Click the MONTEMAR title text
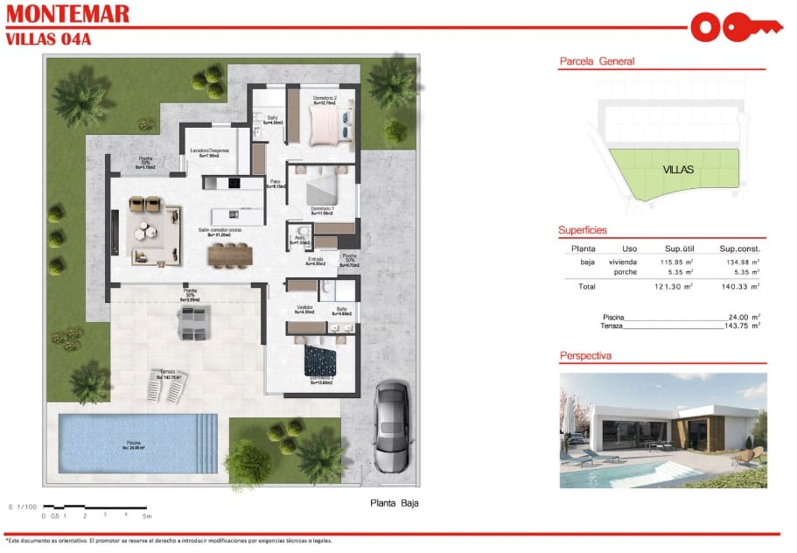click(67, 14)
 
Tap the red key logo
click(735, 26)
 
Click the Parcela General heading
click(597, 61)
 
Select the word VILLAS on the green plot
click(678, 170)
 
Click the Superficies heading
click(583, 230)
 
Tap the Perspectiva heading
click(585, 356)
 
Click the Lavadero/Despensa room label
click(210, 150)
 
